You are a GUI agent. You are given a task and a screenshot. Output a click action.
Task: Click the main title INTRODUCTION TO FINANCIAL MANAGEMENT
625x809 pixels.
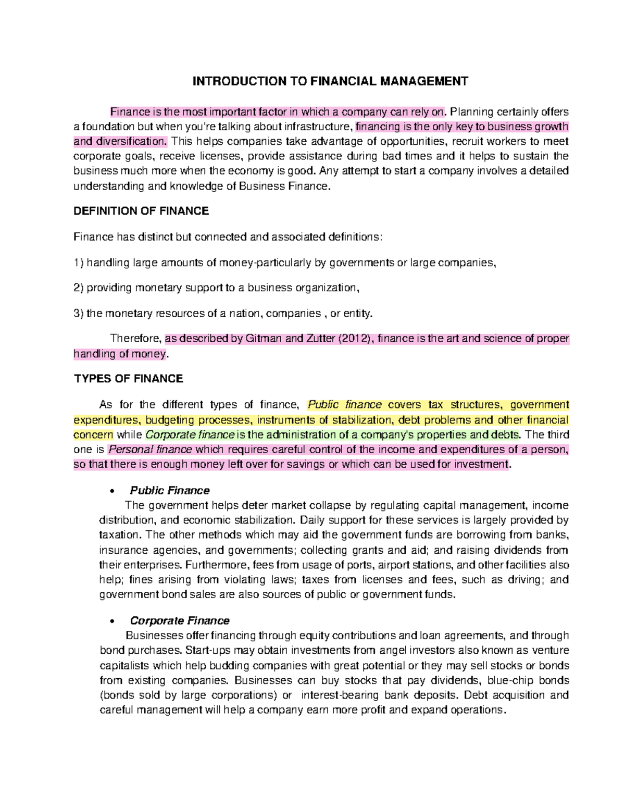(330, 81)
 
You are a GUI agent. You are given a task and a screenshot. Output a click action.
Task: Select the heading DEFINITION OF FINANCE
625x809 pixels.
(141, 211)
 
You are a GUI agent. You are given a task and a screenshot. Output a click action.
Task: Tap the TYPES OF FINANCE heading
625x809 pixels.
(128, 379)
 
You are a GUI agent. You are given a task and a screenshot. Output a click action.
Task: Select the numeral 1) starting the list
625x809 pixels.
(79, 263)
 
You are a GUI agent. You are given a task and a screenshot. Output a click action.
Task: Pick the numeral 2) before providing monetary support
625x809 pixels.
(79, 288)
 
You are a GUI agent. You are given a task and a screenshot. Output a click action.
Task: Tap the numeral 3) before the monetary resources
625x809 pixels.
(79, 313)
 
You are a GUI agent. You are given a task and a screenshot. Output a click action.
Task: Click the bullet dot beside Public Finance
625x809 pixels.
(112, 491)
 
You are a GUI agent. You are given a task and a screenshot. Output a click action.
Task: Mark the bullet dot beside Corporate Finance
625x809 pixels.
(112, 621)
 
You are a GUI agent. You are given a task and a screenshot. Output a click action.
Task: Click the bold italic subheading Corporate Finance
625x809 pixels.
(180, 620)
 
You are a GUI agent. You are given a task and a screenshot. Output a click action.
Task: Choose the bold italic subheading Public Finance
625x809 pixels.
(170, 490)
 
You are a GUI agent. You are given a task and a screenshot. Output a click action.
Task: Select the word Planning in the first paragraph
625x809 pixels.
(471, 111)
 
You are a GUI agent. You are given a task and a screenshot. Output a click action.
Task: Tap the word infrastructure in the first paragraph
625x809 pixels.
(317, 127)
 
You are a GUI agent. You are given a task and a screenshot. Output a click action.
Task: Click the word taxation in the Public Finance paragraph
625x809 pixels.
(119, 534)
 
